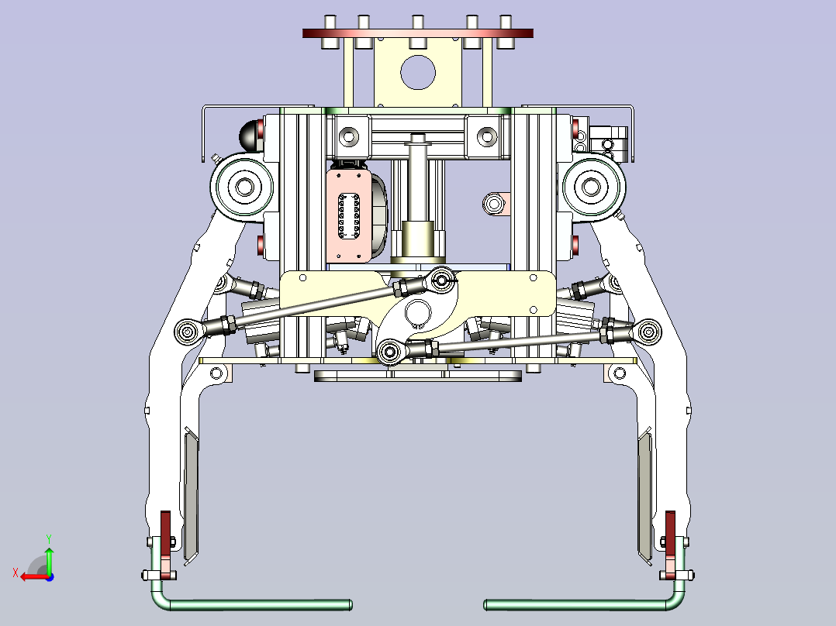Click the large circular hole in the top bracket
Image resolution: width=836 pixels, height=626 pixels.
[x=418, y=73]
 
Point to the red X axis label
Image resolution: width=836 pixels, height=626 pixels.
[x=16, y=573]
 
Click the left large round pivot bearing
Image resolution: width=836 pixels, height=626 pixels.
[x=244, y=187]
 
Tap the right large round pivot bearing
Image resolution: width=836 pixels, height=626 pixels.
[x=591, y=187]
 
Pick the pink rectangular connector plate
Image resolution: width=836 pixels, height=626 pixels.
[x=349, y=216]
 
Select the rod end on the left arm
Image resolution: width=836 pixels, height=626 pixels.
[x=188, y=332]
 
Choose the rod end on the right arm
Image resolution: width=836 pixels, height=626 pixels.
[x=648, y=332]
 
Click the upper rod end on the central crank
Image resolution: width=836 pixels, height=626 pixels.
[x=442, y=279]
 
